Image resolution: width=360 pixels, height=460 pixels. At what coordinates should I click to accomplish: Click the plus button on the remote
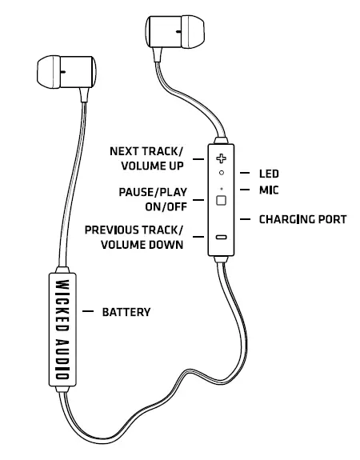click(x=221, y=158)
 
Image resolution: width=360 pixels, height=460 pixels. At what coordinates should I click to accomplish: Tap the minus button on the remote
click(x=221, y=238)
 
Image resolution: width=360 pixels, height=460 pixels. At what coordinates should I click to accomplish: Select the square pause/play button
click(x=221, y=200)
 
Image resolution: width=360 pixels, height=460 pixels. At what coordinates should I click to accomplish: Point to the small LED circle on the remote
click(x=221, y=173)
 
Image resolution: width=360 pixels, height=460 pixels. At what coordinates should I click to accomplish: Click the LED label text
click(x=269, y=173)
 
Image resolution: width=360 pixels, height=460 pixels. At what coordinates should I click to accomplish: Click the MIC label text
click(x=269, y=190)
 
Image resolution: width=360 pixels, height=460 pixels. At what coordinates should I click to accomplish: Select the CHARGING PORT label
click(x=302, y=218)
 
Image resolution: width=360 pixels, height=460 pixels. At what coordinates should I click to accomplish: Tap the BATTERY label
click(x=126, y=312)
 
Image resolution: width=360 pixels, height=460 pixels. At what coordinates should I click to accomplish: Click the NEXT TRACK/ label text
click(x=146, y=151)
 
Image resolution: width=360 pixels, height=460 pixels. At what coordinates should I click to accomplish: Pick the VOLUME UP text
click(x=150, y=166)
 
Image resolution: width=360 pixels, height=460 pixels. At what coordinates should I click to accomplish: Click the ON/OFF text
click(x=163, y=207)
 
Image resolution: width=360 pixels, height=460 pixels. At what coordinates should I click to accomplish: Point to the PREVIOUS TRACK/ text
click(x=134, y=230)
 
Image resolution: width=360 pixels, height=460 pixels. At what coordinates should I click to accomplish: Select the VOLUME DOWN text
click(x=142, y=245)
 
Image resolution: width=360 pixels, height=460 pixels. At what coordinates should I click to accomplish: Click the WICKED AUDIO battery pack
click(x=62, y=330)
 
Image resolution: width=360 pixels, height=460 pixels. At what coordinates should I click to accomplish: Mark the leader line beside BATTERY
click(x=88, y=312)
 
